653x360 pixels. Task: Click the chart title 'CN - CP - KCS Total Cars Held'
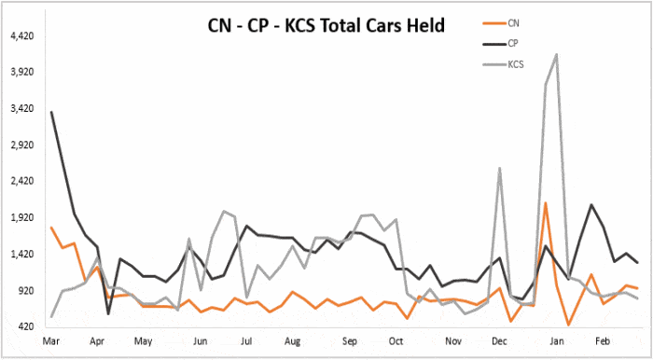[x=326, y=24]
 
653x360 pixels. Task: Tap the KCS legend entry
[x=516, y=65]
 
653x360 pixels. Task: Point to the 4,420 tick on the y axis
[x=21, y=35]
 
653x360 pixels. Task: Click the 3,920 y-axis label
[x=21, y=72]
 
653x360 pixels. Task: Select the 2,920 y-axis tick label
[x=21, y=145]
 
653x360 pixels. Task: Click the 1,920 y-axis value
[x=21, y=217]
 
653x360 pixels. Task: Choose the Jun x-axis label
[x=200, y=343]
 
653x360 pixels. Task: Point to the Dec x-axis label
[x=499, y=343]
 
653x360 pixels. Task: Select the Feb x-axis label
[x=602, y=343]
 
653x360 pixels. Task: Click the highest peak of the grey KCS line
[x=557, y=55]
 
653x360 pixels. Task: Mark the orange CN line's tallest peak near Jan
[x=545, y=203]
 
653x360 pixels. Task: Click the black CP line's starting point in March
[x=51, y=113]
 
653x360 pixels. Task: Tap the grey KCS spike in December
[x=500, y=169]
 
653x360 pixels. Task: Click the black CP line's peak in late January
[x=590, y=204]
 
